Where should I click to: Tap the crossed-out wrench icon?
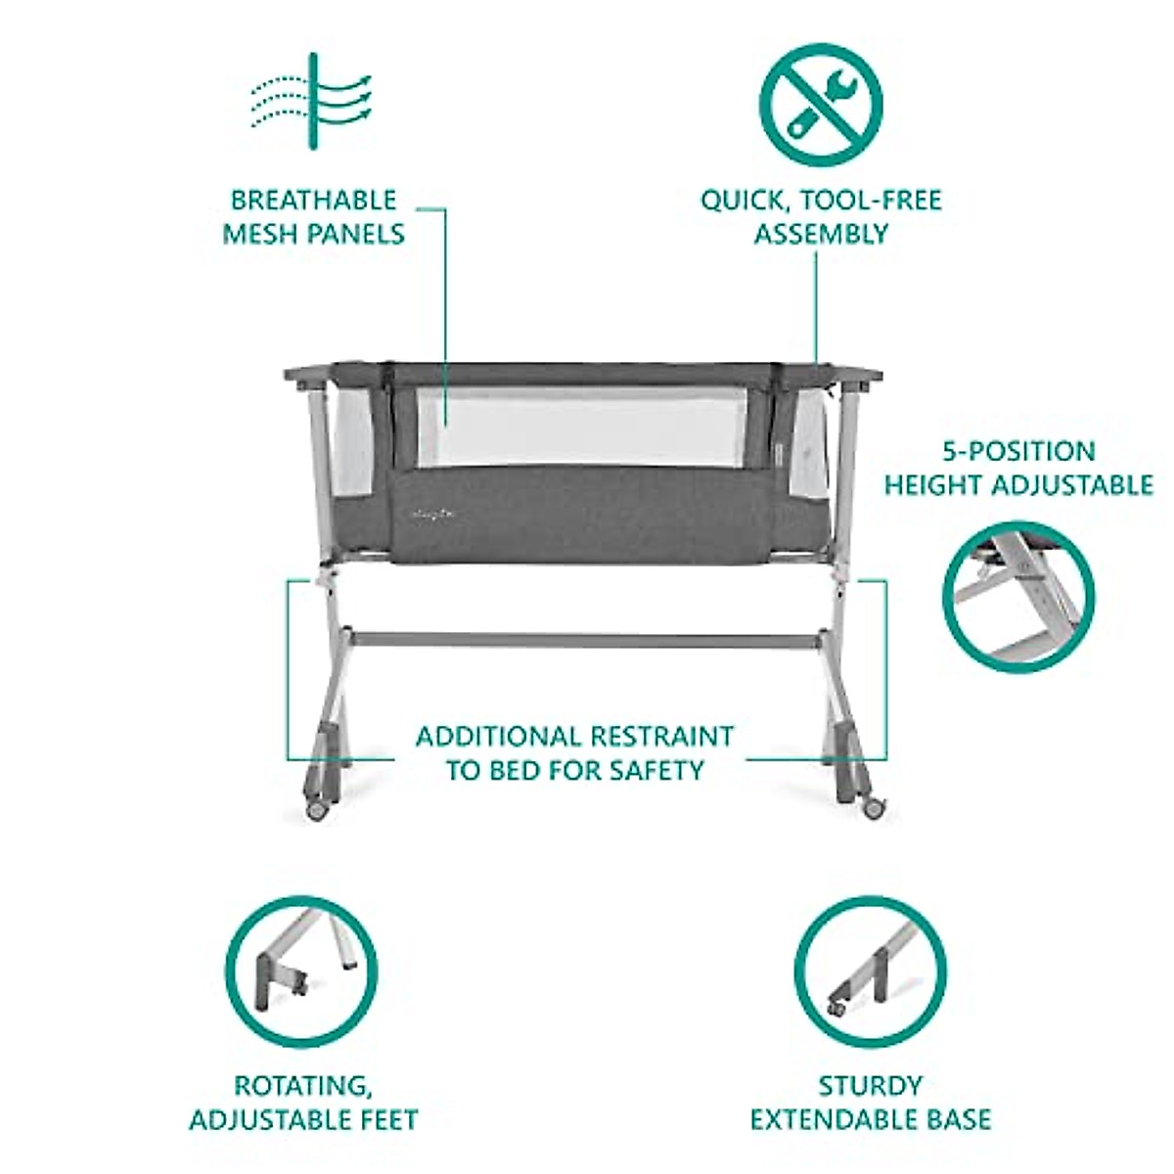coord(821,103)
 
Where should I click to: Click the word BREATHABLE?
coord(313,201)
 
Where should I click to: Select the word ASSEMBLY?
coord(821,234)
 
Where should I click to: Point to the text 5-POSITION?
coord(1018,452)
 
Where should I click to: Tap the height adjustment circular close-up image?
coord(1018,597)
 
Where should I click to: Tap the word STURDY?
coord(870,1086)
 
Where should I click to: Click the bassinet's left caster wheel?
coord(316,810)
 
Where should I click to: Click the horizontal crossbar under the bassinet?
coord(584,640)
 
